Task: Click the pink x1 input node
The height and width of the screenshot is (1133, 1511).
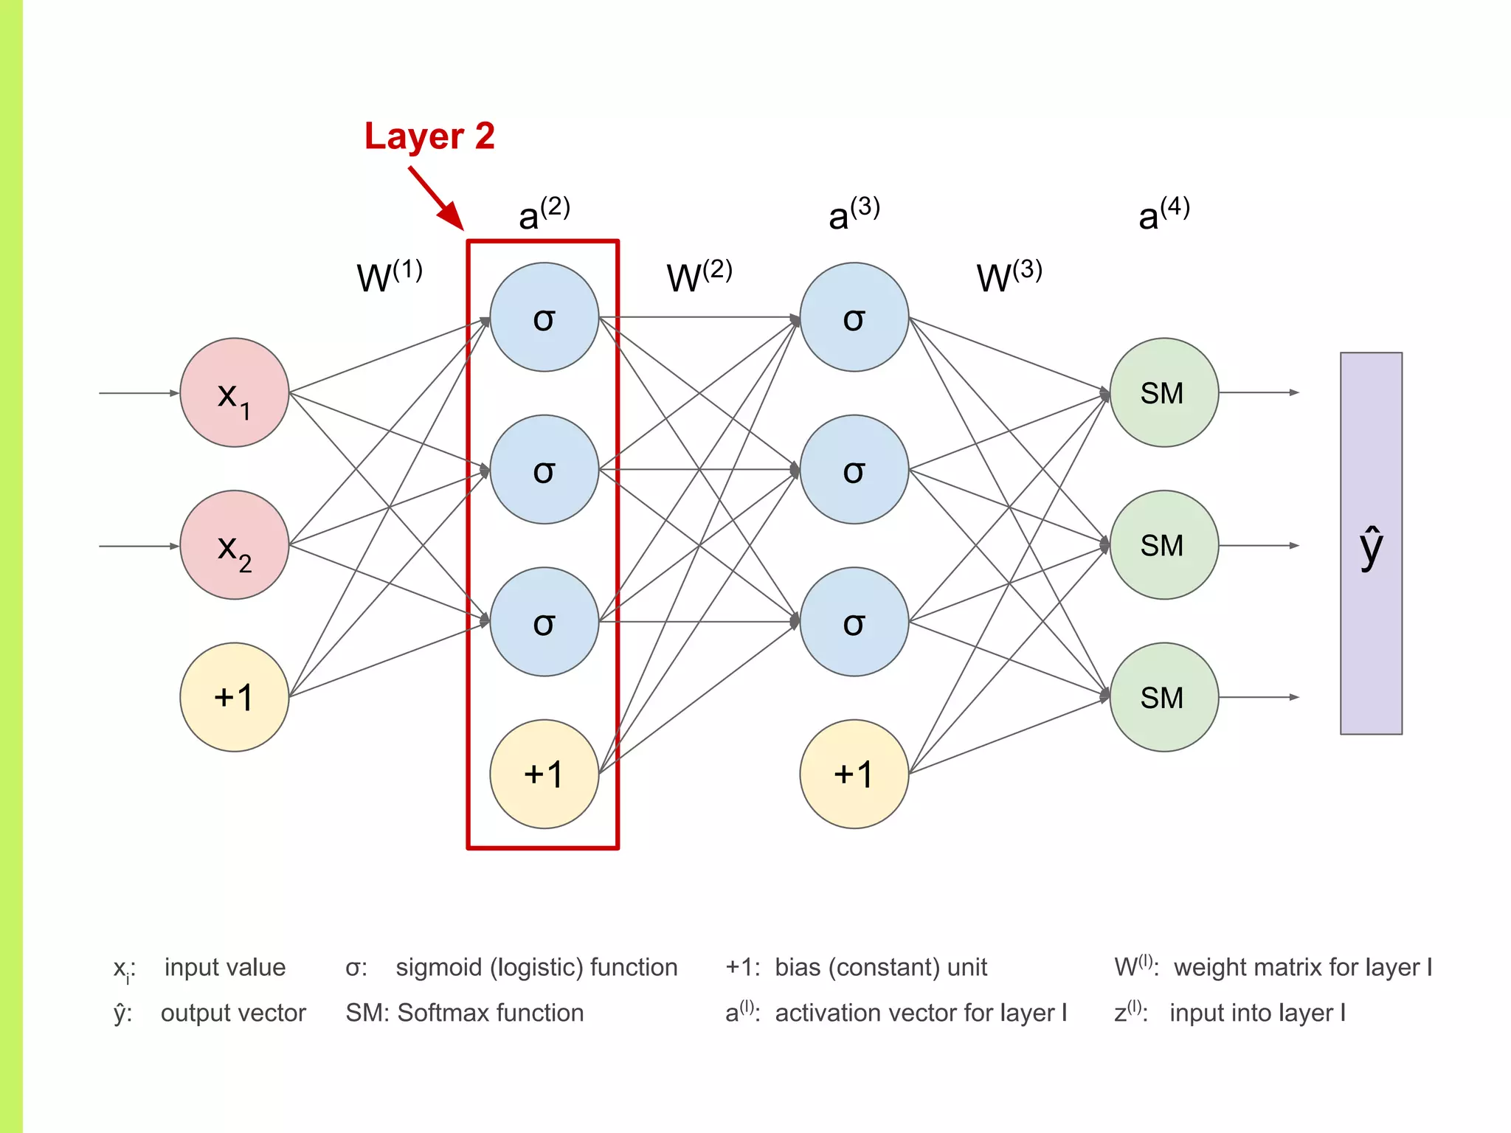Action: click(x=234, y=392)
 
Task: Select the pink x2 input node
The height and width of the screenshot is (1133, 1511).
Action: click(x=234, y=545)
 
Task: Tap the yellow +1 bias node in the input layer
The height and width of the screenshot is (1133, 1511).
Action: click(x=234, y=697)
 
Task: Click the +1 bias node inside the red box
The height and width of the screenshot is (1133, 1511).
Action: click(x=544, y=774)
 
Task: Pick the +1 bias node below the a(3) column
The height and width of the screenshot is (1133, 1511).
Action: click(x=854, y=774)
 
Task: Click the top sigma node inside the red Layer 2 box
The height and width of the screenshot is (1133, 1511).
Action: click(x=544, y=317)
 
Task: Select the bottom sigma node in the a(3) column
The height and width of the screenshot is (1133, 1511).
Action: click(x=854, y=622)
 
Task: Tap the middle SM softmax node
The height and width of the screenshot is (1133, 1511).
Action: click(x=1163, y=545)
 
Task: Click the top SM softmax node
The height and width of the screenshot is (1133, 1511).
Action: click(x=1163, y=392)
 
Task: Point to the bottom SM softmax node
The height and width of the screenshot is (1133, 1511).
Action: click(x=1163, y=697)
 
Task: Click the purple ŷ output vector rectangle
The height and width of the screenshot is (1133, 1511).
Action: click(x=1371, y=544)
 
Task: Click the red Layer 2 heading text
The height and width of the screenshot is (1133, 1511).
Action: click(x=429, y=136)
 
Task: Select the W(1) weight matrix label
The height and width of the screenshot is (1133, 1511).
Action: click(x=389, y=277)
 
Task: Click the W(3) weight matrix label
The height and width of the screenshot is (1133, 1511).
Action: click(x=1009, y=277)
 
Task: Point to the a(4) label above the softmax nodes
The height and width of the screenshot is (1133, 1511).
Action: click(x=1163, y=214)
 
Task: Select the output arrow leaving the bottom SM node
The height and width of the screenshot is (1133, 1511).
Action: click(x=1258, y=697)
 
